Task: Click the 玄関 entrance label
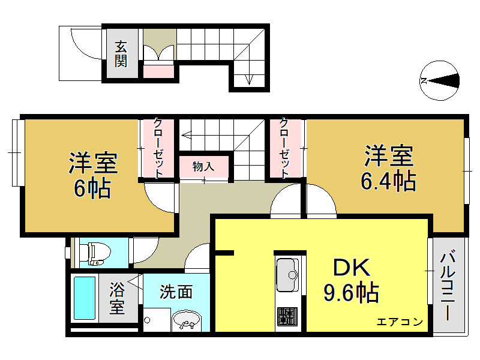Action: pos(121,53)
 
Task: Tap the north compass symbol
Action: pos(440,80)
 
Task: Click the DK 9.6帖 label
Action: pos(351,280)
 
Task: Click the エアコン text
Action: pos(400,322)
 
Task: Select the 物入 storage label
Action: pos(203,166)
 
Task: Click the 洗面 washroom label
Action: pos(176,292)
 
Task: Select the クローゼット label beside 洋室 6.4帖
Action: pos(285,147)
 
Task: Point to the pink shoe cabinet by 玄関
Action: pos(160,71)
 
